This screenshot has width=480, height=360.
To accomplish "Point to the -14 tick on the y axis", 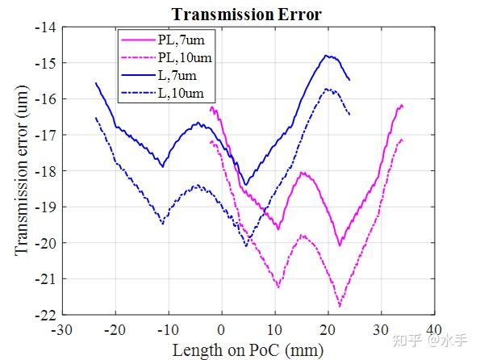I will (x=44, y=27).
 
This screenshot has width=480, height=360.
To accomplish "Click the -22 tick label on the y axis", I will (x=44, y=314).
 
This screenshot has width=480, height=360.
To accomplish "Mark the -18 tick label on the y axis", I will (x=44, y=170).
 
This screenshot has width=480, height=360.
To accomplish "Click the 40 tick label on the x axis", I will (x=433, y=329).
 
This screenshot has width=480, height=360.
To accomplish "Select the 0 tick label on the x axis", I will (x=222, y=329).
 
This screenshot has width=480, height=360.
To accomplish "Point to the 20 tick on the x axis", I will (x=328, y=329).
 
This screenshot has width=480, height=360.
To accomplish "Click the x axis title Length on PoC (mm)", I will (x=247, y=349).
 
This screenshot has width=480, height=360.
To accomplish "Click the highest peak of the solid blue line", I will (x=327, y=56).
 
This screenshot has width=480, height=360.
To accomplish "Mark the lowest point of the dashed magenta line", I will (x=340, y=307).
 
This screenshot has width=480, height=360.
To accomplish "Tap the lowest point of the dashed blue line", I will (x=247, y=246).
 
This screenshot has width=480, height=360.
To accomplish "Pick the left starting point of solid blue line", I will (x=95, y=82).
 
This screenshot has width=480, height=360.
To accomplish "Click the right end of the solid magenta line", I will (x=402, y=105).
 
